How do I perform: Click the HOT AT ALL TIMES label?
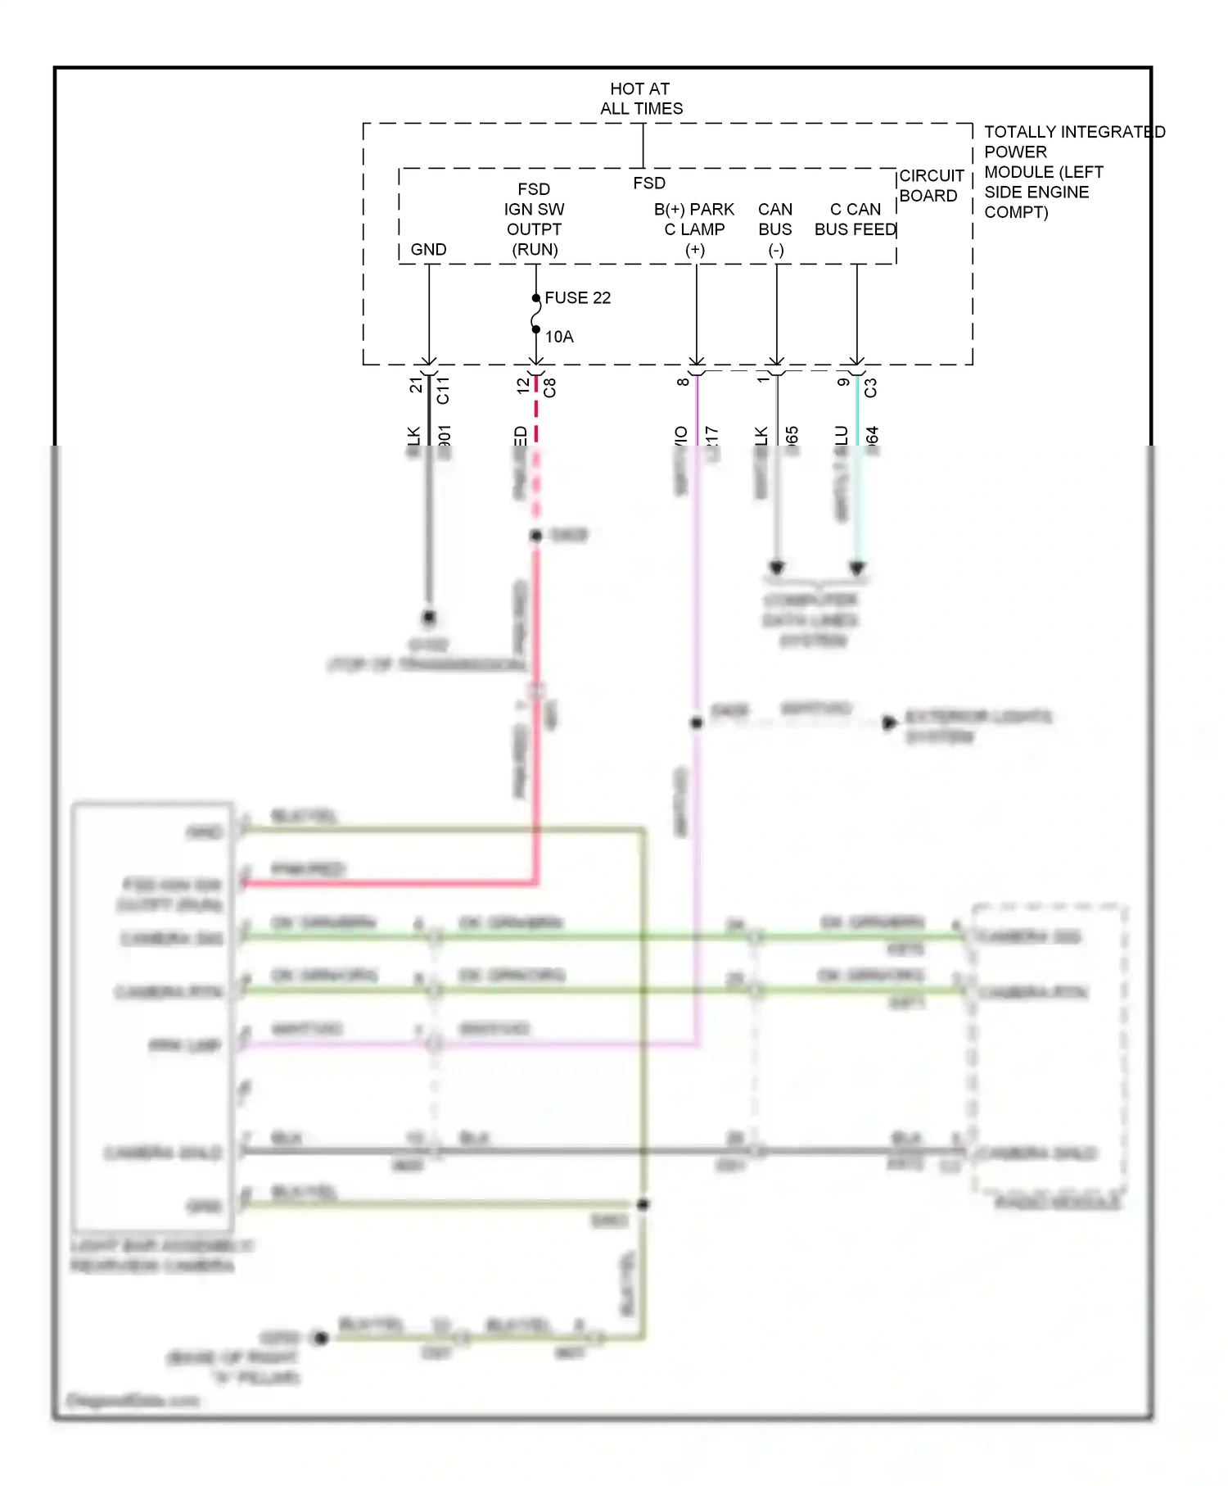[641, 98]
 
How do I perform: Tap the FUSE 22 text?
[577, 297]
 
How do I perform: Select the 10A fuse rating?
[559, 337]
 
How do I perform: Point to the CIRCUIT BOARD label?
[931, 186]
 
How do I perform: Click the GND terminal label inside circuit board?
[428, 249]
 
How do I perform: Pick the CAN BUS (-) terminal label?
[775, 229]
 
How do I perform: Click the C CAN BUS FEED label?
[856, 220]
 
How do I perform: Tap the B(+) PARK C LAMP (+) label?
[694, 229]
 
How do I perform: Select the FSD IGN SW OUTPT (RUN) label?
[535, 220]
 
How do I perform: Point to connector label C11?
[443, 390]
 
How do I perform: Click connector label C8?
[550, 387]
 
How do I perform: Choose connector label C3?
[870, 387]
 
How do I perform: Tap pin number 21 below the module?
[416, 383]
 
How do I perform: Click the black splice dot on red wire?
[536, 535]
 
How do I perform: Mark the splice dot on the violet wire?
[696, 723]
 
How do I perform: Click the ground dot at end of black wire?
[428, 617]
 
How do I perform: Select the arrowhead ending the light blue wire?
[857, 568]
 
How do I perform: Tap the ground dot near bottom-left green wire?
[321, 1338]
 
